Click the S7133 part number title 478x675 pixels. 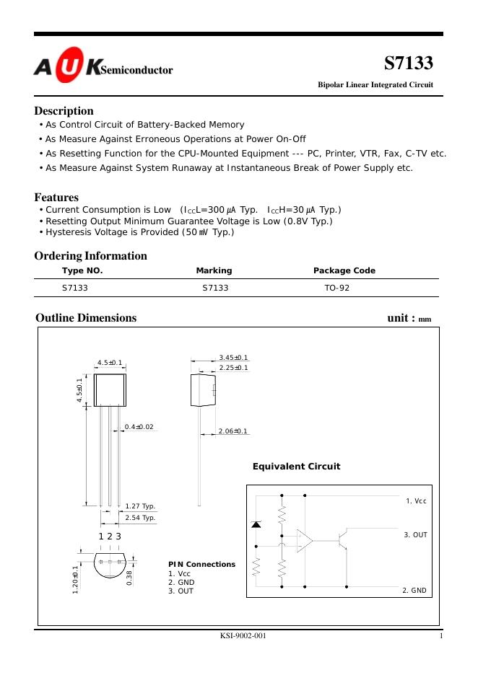408,63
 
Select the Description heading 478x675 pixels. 64,111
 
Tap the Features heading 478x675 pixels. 56,197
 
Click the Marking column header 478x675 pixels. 214,270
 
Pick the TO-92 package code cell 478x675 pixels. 337,288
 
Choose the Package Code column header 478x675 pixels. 344,270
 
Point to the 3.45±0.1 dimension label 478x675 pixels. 233,358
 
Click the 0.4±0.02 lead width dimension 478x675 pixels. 139,427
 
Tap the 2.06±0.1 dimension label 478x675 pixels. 233,431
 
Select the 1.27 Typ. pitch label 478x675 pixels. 140,506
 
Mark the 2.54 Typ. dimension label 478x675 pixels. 140,518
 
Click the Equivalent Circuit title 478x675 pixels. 296,467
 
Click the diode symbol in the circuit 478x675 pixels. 256,524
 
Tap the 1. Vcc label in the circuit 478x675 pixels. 416,500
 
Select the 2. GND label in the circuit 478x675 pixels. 414,590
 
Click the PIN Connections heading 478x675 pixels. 201,564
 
